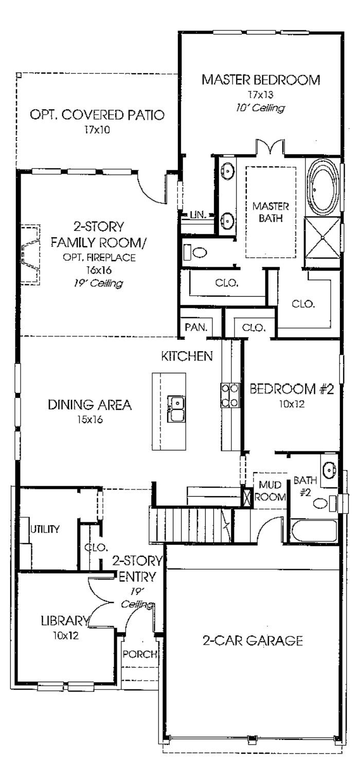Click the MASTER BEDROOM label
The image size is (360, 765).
tap(261, 80)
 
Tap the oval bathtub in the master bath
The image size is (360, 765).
tap(322, 187)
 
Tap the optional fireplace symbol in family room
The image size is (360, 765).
tap(30, 254)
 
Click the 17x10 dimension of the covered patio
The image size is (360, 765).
tap(97, 130)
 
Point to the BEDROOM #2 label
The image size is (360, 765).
tap(292, 389)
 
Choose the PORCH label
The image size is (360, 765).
tap(139, 654)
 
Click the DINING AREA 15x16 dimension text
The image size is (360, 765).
tap(90, 420)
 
